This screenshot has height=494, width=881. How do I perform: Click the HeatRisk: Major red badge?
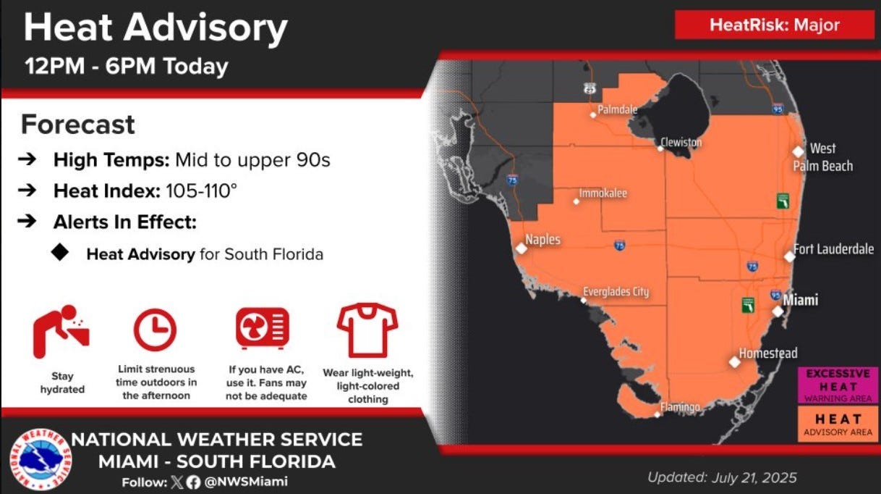point(775,25)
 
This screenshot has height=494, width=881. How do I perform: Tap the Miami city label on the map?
point(801,300)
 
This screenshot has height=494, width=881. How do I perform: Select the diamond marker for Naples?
point(521,248)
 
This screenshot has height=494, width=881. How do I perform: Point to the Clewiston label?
point(681,142)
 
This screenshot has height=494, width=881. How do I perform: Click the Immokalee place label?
point(603,193)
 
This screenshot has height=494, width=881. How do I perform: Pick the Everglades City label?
point(616,291)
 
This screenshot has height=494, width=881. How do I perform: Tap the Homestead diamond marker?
point(734,362)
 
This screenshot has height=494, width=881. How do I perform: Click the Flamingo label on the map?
point(680,406)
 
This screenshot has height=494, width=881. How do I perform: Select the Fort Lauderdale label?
point(833,249)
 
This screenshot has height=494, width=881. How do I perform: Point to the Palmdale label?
point(618,109)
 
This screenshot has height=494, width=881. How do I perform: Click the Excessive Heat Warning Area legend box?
point(838,385)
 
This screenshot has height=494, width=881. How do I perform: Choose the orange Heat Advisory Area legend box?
point(838,424)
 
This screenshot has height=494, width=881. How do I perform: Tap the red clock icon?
point(155,330)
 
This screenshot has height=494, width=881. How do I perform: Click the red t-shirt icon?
point(367,330)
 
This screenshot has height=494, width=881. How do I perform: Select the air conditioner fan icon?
point(263,328)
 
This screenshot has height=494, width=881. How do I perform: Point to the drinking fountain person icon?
point(61,332)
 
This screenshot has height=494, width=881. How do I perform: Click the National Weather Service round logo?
point(41,460)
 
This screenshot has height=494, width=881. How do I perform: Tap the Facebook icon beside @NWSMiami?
point(193,482)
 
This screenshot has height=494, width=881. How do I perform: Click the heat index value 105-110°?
point(201,191)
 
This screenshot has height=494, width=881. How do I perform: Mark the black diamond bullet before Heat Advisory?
point(60,252)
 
